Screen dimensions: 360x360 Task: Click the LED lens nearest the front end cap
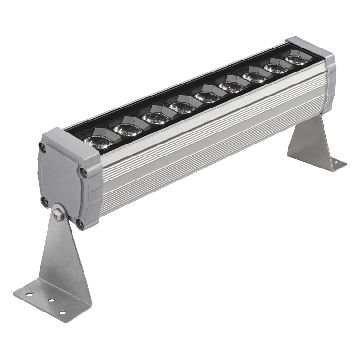click(x=98, y=142)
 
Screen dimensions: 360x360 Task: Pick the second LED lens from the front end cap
click(x=128, y=130)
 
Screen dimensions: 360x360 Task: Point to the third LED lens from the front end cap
click(x=156, y=118)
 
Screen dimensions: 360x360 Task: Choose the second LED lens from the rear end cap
click(x=276, y=69)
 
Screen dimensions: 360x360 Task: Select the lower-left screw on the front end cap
click(x=44, y=201)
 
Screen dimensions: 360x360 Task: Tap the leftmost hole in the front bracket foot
click(x=30, y=294)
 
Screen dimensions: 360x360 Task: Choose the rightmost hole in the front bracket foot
click(x=62, y=312)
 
